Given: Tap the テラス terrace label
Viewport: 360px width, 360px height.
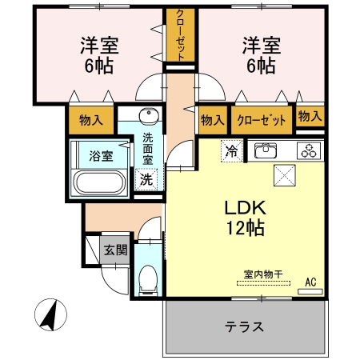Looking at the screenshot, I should [x=245, y=327].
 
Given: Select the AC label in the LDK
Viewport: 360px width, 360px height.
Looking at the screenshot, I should [x=311, y=281].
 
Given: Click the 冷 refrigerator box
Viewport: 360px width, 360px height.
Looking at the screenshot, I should [x=232, y=150].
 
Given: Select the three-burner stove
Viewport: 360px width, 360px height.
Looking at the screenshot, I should [x=309, y=150].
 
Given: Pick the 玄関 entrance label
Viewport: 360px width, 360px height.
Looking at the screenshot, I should [x=115, y=250].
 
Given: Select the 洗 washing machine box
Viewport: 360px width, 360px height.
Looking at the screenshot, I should [x=146, y=179].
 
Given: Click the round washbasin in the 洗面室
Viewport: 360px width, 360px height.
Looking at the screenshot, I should [x=147, y=114].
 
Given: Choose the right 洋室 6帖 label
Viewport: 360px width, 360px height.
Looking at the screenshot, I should [x=259, y=55].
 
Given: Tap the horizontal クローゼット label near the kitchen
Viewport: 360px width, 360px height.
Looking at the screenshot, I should [x=262, y=121].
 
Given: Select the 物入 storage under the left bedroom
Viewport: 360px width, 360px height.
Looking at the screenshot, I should [x=91, y=121].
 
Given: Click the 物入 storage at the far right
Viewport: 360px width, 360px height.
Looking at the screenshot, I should [x=310, y=117].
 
